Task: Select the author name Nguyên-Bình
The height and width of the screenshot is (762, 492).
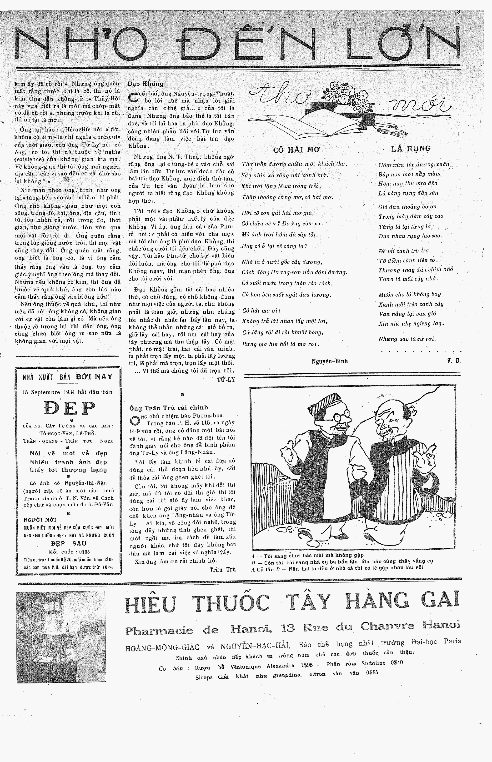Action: click(x=329, y=361)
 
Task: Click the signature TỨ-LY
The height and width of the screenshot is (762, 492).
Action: click(x=226, y=379)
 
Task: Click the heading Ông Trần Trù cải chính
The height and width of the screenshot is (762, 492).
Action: click(x=169, y=407)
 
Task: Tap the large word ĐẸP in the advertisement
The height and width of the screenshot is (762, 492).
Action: click(x=69, y=408)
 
